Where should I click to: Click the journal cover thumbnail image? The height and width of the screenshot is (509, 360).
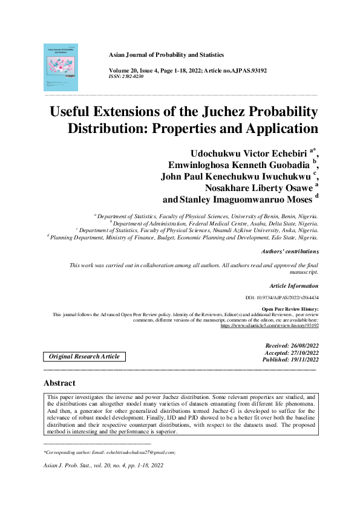(61, 67)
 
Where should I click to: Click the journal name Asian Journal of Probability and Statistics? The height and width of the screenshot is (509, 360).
(166, 55)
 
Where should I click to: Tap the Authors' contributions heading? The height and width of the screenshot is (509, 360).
(289, 251)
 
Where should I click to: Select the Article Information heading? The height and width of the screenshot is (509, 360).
(293, 285)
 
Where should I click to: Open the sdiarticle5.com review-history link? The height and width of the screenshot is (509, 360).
(269, 326)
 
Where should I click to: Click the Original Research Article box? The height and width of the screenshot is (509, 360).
(84, 357)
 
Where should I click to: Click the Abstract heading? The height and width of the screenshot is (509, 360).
(59, 383)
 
